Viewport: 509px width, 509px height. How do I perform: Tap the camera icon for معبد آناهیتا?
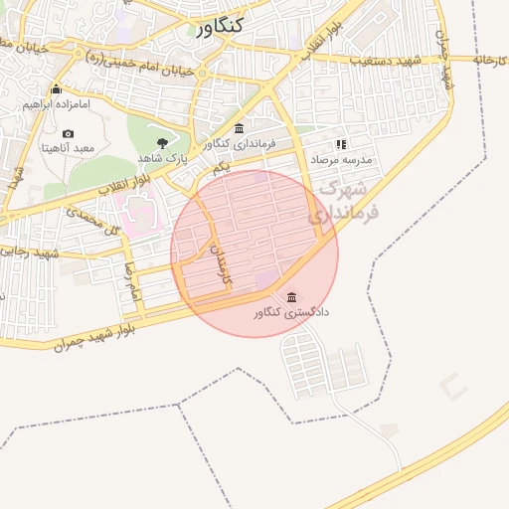pyautogui.click(x=68, y=133)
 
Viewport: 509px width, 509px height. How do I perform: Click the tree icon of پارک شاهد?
pyautogui.click(x=162, y=143)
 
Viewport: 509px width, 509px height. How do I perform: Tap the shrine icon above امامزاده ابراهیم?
pyautogui.click(x=56, y=89)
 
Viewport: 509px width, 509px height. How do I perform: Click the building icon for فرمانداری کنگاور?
pyautogui.click(x=239, y=129)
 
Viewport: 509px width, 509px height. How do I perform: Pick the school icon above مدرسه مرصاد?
pyautogui.click(x=342, y=144)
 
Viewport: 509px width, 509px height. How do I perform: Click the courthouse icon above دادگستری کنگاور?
pyautogui.click(x=290, y=297)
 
